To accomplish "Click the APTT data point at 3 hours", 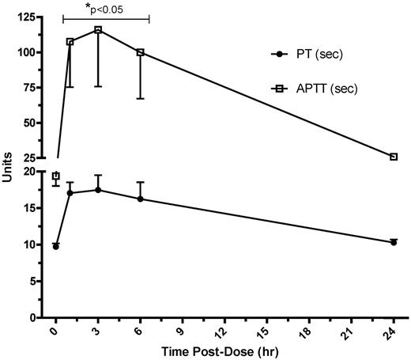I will click(x=98, y=29).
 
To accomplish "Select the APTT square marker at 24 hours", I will click(x=394, y=157).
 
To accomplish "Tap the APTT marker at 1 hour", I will click(x=70, y=42).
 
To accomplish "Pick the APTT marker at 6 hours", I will click(x=141, y=52).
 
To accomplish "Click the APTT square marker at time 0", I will click(x=55, y=176).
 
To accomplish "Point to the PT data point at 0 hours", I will click(x=55, y=247).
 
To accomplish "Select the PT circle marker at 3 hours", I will click(x=98, y=190).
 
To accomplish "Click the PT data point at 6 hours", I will click(x=141, y=199).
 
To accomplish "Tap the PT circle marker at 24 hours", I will click(x=394, y=242).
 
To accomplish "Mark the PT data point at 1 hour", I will click(x=70, y=192).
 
